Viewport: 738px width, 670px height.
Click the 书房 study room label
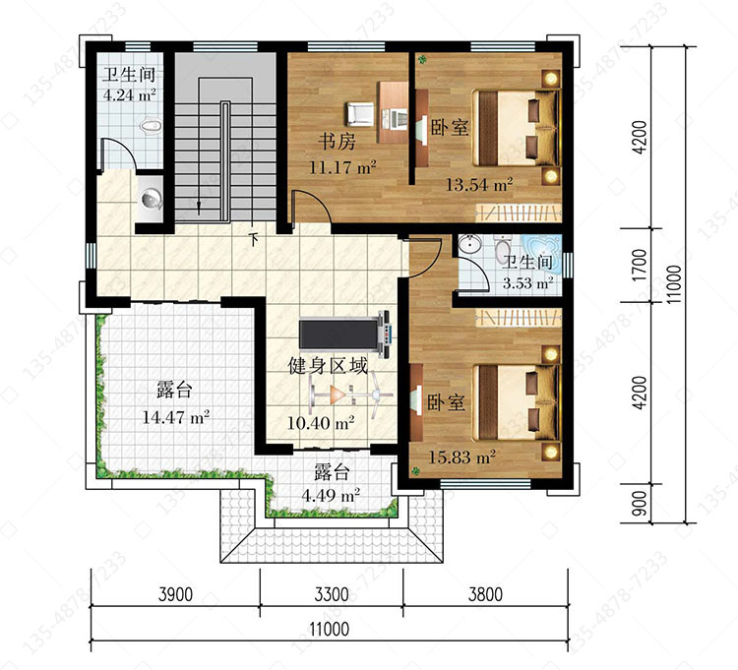(x=337, y=141)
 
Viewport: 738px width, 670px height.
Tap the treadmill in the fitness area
(x=345, y=333)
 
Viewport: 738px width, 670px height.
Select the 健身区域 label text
(x=328, y=366)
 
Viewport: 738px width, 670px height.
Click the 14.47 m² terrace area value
(x=175, y=417)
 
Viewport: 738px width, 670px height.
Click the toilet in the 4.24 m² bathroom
(x=151, y=126)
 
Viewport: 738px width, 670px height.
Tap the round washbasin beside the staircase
(x=152, y=198)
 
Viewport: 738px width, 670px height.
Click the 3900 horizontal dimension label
(x=175, y=594)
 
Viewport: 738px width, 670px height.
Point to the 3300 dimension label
(x=332, y=594)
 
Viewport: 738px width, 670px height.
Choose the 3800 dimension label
(x=485, y=594)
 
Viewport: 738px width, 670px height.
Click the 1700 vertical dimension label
(x=641, y=266)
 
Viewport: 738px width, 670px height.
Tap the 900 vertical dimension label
(x=641, y=504)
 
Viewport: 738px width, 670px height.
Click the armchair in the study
(x=360, y=114)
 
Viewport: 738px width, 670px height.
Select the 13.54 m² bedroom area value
(x=479, y=185)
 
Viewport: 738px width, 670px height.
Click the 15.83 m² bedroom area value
(x=461, y=457)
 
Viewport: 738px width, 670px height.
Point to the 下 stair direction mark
(x=254, y=239)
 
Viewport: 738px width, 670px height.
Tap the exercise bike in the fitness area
(x=351, y=395)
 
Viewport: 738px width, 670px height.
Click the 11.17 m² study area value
(x=342, y=167)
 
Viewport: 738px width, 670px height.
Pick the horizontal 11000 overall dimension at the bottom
(x=330, y=629)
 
